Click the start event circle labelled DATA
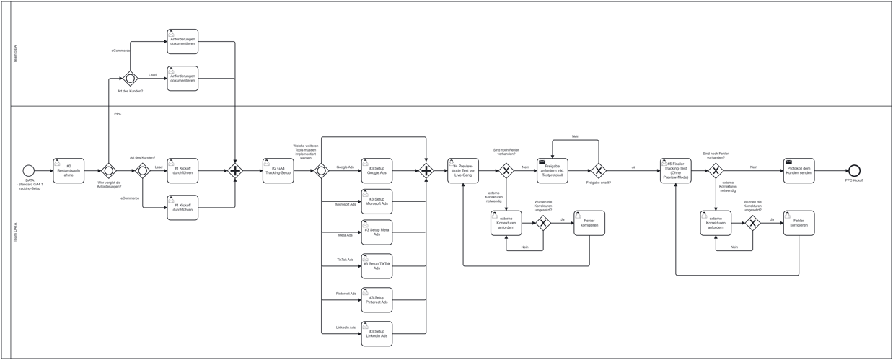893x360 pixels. [x=28, y=171]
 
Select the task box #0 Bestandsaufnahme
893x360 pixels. [x=69, y=171]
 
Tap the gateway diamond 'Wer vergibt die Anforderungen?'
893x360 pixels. [x=108, y=171]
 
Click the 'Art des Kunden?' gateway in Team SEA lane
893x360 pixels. [x=130, y=79]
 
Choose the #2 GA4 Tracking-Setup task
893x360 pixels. [x=278, y=171]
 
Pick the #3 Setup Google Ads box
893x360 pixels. [x=377, y=171]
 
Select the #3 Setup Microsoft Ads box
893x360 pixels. [x=377, y=201]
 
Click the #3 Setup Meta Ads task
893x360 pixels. [x=377, y=232]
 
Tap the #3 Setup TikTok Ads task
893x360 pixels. [x=377, y=265]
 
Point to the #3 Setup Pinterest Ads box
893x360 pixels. [x=377, y=299]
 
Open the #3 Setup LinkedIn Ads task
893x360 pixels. [x=377, y=333]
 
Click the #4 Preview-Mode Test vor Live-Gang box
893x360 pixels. [x=462, y=171]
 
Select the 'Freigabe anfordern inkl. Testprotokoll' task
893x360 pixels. [x=552, y=171]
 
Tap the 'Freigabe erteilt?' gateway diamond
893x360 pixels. [x=598, y=171]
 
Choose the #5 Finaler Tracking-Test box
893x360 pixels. [x=675, y=171]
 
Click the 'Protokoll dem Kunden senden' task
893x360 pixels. [x=799, y=171]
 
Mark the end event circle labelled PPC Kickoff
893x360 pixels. [x=854, y=171]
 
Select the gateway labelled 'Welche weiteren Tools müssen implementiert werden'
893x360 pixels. [x=322, y=171]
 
